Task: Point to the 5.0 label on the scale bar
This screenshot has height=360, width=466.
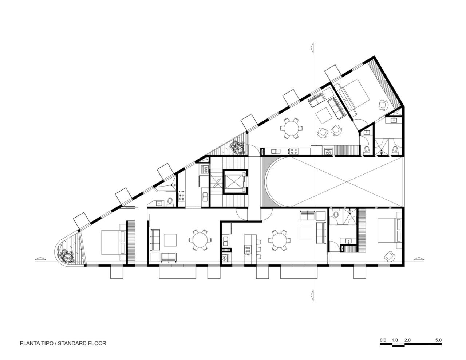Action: [x=438, y=340]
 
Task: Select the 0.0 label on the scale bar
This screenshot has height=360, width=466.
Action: [x=383, y=340]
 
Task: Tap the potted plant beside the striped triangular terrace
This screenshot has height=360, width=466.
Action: [x=238, y=148]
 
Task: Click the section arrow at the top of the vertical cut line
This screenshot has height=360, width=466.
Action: [x=312, y=47]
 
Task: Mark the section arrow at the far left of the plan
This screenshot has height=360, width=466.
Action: [x=40, y=259]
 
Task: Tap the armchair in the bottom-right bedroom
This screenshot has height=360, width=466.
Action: [x=390, y=256]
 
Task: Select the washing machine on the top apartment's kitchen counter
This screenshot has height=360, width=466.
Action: [x=329, y=150]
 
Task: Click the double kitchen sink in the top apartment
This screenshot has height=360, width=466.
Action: [x=275, y=150]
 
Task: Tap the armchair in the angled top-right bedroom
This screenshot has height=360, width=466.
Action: [x=383, y=105]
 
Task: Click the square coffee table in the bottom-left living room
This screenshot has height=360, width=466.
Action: [x=170, y=240]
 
